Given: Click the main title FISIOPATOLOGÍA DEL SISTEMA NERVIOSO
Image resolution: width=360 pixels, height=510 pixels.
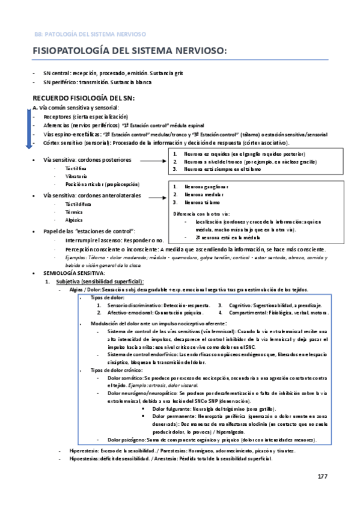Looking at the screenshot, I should click(x=130, y=53).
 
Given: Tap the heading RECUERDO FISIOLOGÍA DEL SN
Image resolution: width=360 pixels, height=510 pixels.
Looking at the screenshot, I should click(x=84, y=98).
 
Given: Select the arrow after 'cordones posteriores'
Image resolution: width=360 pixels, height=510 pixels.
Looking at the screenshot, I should click(x=153, y=161).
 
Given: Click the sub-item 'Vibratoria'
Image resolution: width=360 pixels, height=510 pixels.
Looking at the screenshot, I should click(x=67, y=176).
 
